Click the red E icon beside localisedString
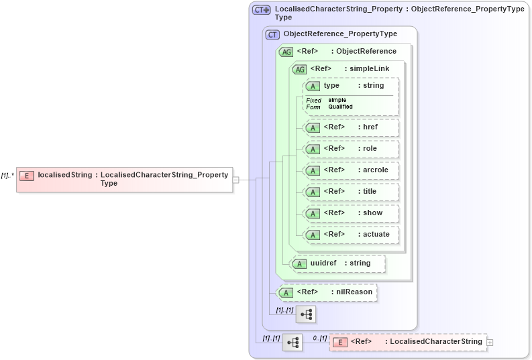coord(27,176)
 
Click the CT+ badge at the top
coord(261,10)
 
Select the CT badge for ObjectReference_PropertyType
coord(272,34)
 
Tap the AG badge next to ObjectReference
coord(286,52)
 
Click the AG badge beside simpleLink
coord(300,69)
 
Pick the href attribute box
coord(351,127)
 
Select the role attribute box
coord(351,149)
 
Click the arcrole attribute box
coord(351,170)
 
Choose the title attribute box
coord(351,192)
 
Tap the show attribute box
coord(351,213)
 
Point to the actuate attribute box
coord(351,235)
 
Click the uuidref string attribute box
coord(338,263)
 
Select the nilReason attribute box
coord(327,292)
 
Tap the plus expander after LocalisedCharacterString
coord(490,343)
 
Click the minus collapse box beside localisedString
coord(235,180)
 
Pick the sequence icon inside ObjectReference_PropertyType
coord(306,314)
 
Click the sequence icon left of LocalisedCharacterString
coord(292,343)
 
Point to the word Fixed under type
coord(314,101)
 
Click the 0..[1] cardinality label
coord(320,338)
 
